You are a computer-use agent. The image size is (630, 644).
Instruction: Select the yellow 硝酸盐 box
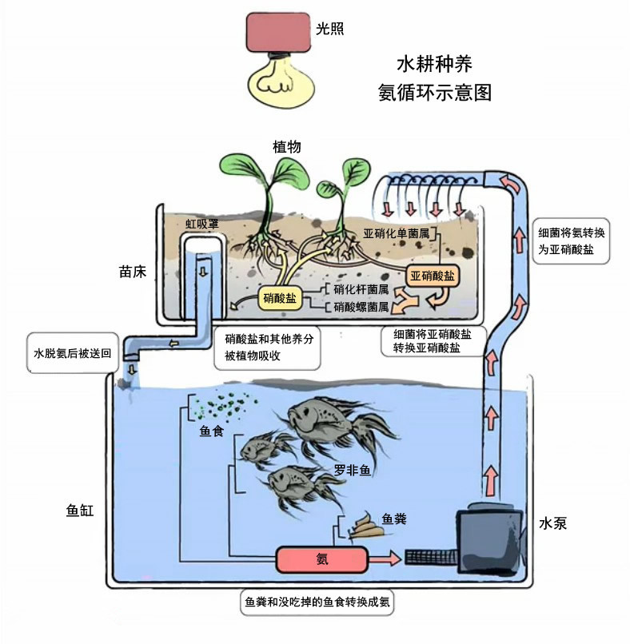[x=281, y=298]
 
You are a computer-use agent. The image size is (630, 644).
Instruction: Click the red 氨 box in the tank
[x=321, y=559]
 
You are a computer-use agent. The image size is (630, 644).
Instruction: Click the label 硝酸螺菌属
[x=361, y=307]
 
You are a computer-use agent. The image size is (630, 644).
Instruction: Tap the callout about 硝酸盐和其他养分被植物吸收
[x=264, y=348]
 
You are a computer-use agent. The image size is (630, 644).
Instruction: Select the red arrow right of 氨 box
[x=385, y=559]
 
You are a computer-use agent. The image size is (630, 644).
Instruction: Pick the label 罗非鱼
[x=353, y=470]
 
